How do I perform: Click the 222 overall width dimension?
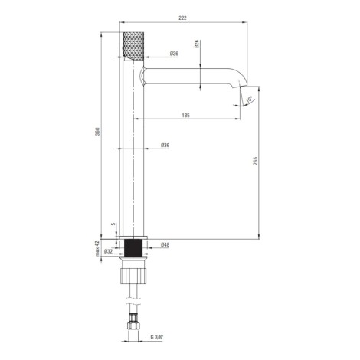(x=183, y=18)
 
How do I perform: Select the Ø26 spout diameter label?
(x=197, y=44)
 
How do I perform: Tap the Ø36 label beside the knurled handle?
(x=174, y=54)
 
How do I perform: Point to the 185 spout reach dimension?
(x=186, y=116)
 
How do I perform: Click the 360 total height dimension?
(x=98, y=131)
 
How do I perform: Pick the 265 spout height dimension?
(x=256, y=161)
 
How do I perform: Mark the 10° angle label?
(x=249, y=100)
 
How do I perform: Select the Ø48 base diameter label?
(x=165, y=244)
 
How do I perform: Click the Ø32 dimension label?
(x=109, y=251)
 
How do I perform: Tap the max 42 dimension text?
(x=97, y=248)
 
